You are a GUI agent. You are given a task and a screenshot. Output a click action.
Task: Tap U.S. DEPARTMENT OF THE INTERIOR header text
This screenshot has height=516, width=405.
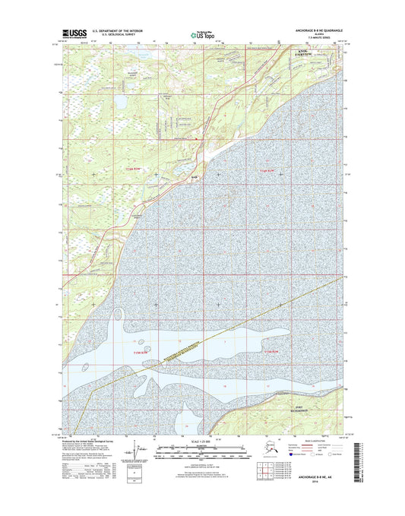click(119, 30)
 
